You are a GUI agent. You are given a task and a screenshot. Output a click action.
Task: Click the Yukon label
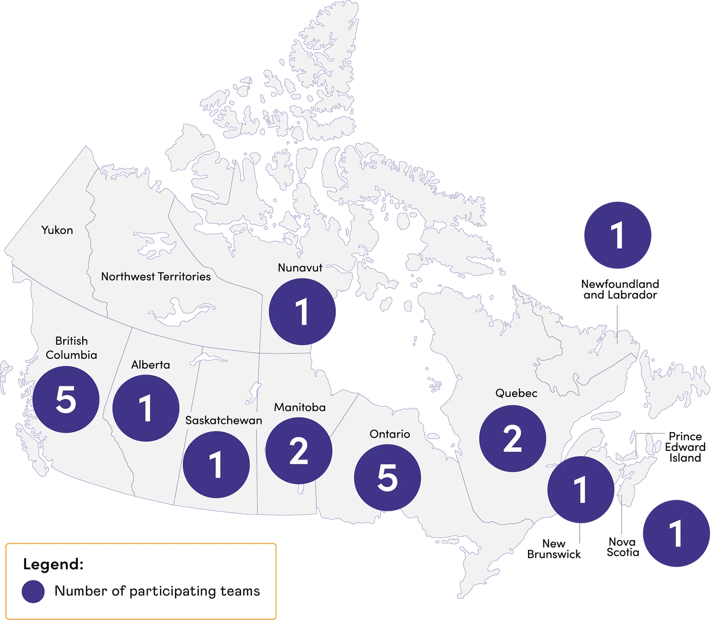coord(57,230)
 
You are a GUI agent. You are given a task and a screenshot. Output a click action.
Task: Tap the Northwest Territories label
coord(156,277)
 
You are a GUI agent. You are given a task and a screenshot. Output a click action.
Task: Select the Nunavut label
coord(300,268)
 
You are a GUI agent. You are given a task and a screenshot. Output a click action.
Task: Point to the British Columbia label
coord(71,348)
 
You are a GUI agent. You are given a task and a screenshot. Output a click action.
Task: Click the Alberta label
coord(150,365)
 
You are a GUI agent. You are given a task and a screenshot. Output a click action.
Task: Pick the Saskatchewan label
coord(224,420)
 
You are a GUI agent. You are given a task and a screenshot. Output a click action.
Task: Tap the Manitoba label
coord(299,407)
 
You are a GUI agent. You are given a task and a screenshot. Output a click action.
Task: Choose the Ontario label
coord(390,434)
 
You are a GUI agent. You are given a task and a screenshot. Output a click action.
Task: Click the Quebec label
coord(516,393)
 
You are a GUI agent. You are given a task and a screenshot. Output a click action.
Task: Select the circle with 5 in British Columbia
coord(66,399)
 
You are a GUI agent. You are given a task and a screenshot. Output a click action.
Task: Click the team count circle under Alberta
coord(146,408)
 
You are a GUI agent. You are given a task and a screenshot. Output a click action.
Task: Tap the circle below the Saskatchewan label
coord(216,464)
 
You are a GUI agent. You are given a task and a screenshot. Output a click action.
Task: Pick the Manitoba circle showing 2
coord(299,450)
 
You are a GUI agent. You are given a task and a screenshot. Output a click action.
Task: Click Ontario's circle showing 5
coord(387,478)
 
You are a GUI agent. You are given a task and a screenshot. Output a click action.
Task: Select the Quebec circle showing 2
coord(512,438)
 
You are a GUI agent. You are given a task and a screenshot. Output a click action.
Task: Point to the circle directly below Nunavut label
coord(303,311)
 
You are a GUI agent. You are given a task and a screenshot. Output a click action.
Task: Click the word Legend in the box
coord(53,564)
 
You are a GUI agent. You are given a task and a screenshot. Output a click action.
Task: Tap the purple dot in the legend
coord(33,591)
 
